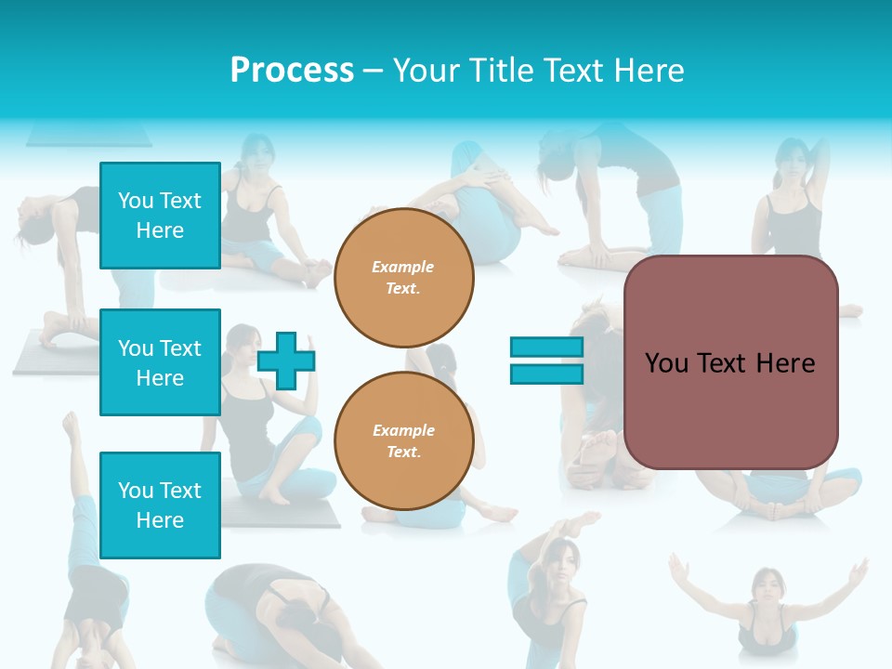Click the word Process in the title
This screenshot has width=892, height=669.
coord(292,71)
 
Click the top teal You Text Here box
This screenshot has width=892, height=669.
coord(160,216)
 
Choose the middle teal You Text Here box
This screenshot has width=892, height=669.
coord(160,362)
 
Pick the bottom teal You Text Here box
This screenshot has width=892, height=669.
coord(160,505)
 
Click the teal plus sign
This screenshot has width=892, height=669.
coord(286,361)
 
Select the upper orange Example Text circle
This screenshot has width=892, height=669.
coord(404,278)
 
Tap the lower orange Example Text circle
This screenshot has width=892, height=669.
coord(404,441)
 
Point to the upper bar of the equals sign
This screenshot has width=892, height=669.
coord(546,347)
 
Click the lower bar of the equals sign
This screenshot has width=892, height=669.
coord(546,374)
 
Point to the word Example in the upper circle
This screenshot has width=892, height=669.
coord(402,267)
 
